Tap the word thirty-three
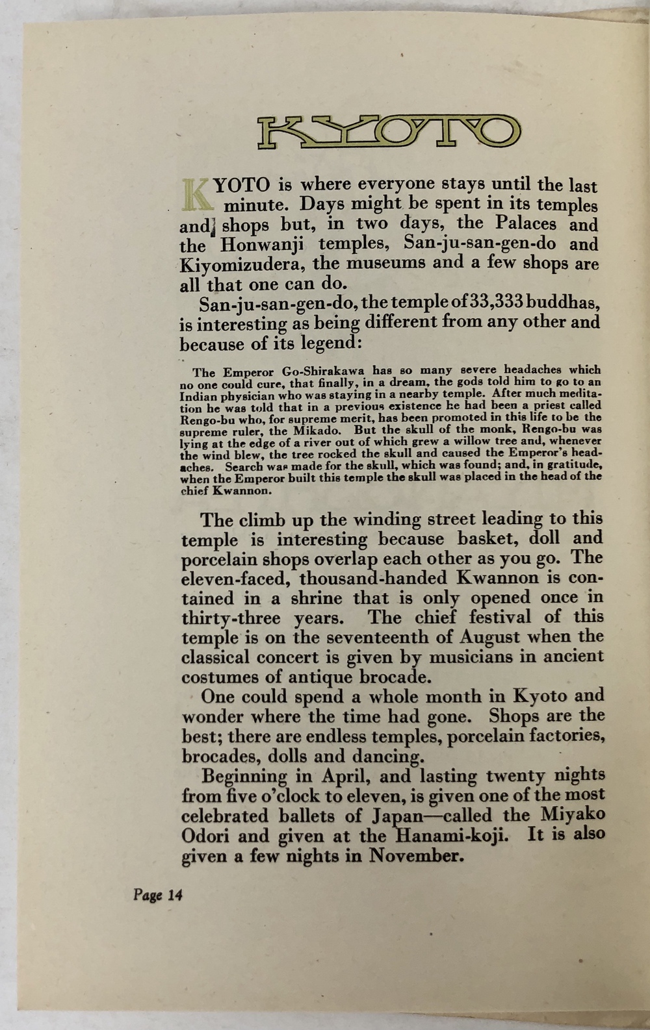(x=231, y=618)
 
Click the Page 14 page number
(x=158, y=895)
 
